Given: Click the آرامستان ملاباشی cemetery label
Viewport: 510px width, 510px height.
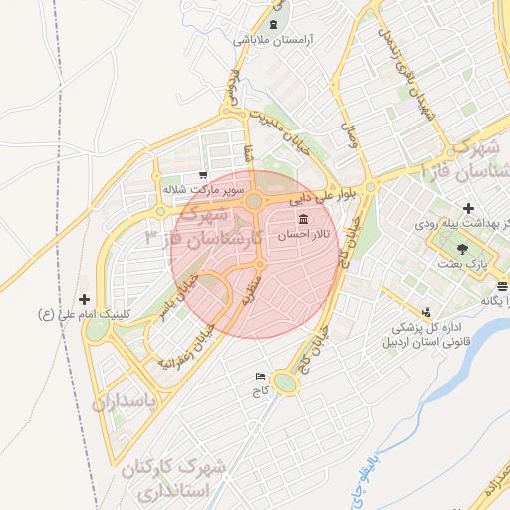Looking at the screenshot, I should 273,41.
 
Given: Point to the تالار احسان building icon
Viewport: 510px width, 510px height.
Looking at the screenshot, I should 302,219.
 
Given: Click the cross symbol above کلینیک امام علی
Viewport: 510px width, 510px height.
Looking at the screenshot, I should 84,298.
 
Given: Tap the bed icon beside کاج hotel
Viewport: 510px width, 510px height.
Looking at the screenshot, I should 261,377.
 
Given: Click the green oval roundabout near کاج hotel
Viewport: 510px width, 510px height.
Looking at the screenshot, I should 286,382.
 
